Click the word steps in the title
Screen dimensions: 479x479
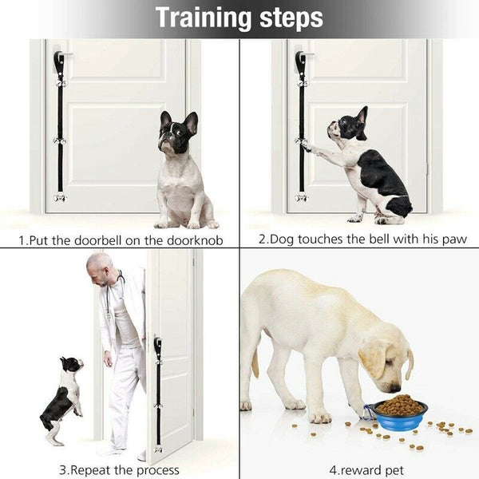[291, 17]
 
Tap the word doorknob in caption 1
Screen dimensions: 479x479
[195, 239]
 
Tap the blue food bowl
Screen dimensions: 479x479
[399, 418]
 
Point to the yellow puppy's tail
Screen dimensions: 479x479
[255, 363]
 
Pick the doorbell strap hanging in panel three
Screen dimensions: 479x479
[157, 391]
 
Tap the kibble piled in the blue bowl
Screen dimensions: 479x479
[399, 404]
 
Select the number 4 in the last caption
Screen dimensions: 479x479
[333, 470]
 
